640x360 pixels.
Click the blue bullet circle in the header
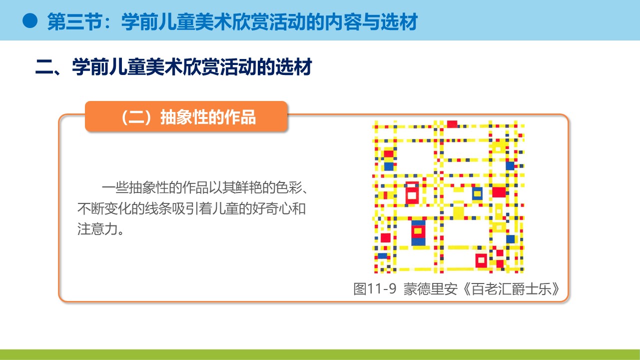coord(30,21)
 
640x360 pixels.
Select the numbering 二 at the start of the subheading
coord(44,67)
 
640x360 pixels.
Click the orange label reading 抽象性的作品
coord(208,117)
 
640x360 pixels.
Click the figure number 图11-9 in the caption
coord(375,289)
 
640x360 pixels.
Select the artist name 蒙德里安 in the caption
coord(430,289)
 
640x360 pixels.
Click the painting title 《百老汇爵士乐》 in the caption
coord(510,289)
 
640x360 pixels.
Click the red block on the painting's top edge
coord(452,124)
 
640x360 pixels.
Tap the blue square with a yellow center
coord(477,193)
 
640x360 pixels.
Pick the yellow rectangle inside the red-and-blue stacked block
coord(418,231)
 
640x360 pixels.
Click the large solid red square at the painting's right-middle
coord(499,192)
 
